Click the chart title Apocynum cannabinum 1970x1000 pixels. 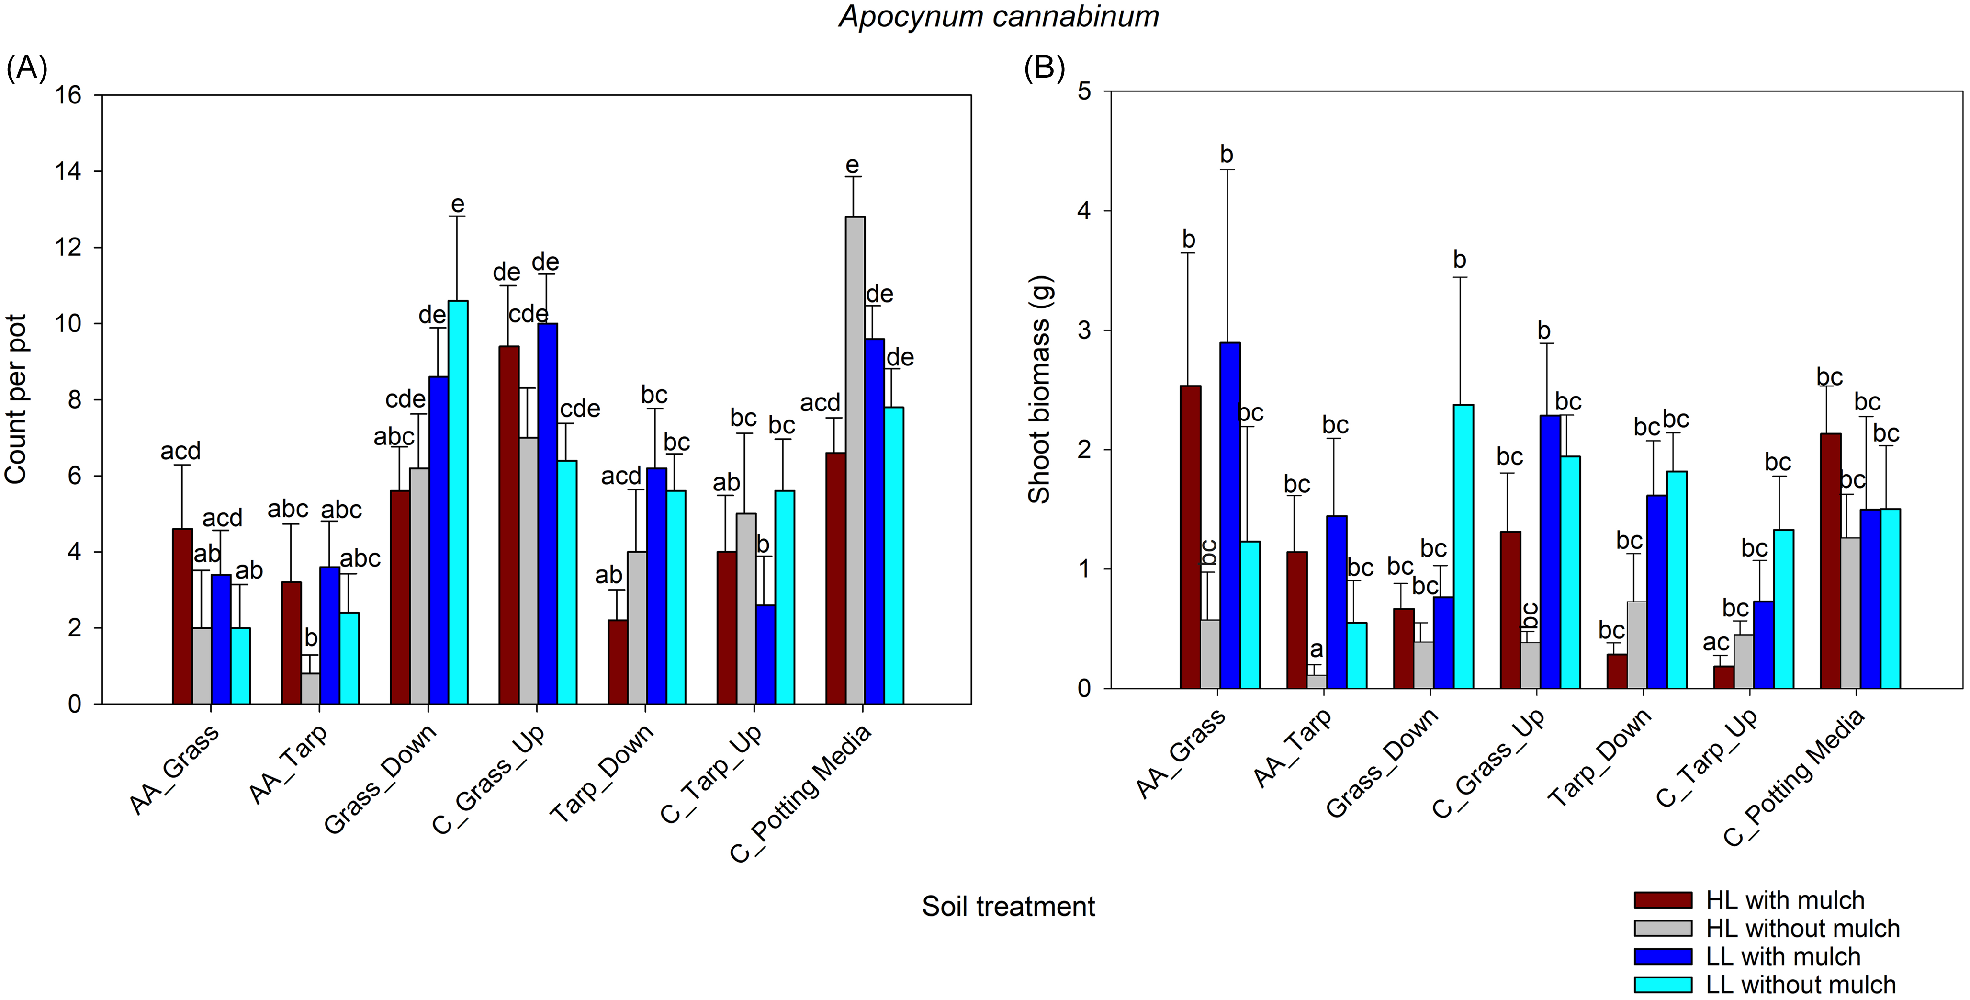click(999, 17)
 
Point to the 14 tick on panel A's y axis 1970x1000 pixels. click(69, 171)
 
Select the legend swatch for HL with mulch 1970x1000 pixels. click(1663, 900)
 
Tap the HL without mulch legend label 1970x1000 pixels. click(1802, 929)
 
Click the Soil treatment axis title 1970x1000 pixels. click(1008, 907)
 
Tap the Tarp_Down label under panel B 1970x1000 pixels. click(1599, 758)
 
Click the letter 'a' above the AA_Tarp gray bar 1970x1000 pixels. click(1316, 649)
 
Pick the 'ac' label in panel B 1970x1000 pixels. click(1716, 643)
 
